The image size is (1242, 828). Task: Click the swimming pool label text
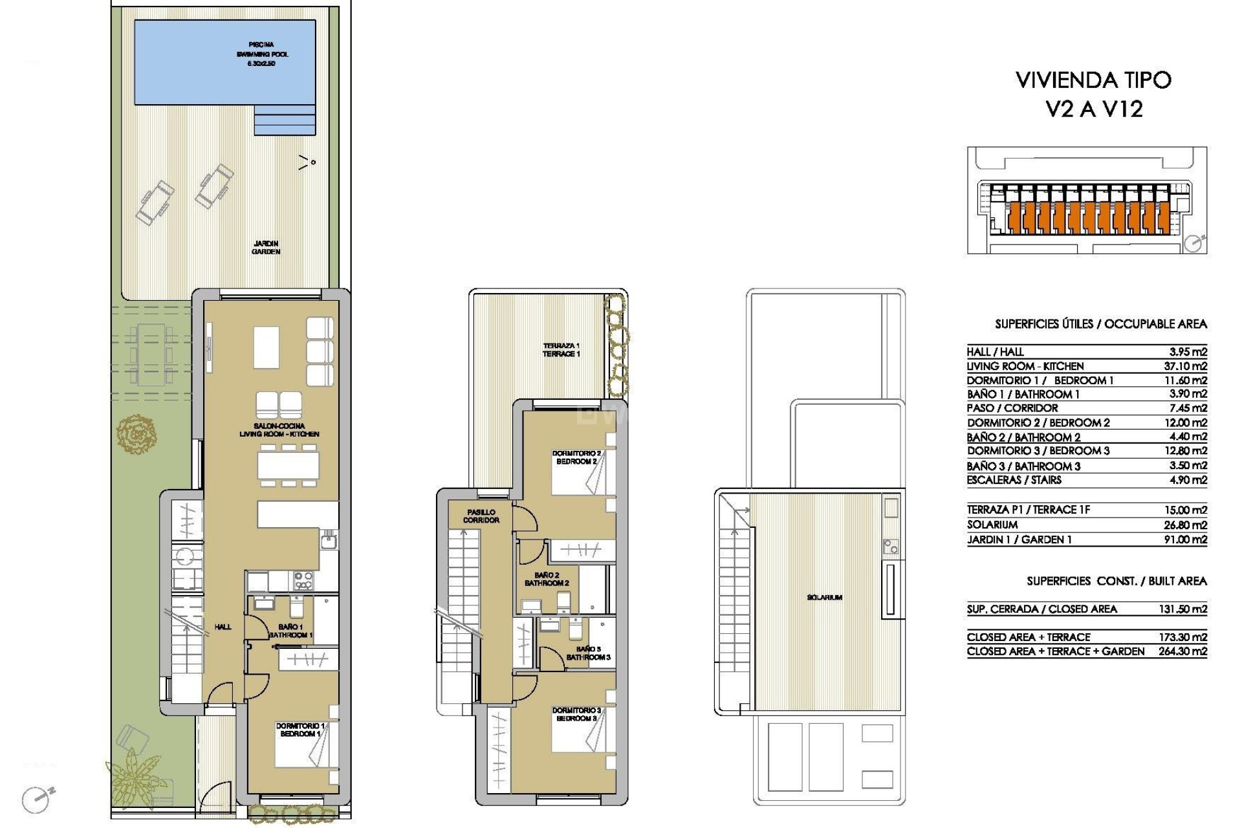click(261, 54)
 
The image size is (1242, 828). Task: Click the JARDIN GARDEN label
click(266, 248)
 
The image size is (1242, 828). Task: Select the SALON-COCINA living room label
click(279, 430)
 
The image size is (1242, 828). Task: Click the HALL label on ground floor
click(223, 627)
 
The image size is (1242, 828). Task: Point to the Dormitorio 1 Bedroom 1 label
click(300, 730)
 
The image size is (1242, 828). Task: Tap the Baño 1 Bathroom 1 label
click(290, 631)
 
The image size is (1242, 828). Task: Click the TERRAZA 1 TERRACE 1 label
click(561, 350)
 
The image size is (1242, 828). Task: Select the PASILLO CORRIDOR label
click(481, 516)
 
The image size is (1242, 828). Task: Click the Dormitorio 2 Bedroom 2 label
click(576, 457)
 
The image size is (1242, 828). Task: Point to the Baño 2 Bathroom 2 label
click(547, 579)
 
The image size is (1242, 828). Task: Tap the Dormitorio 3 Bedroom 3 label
click(576, 714)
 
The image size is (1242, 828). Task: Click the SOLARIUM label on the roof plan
click(824, 598)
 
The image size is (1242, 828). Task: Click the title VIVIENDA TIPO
click(1093, 80)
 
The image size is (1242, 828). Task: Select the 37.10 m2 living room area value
click(1185, 366)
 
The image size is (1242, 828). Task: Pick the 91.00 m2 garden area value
click(1185, 539)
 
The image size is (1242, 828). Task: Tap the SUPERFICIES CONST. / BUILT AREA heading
click(1117, 582)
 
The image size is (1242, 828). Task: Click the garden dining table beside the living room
click(151, 354)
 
